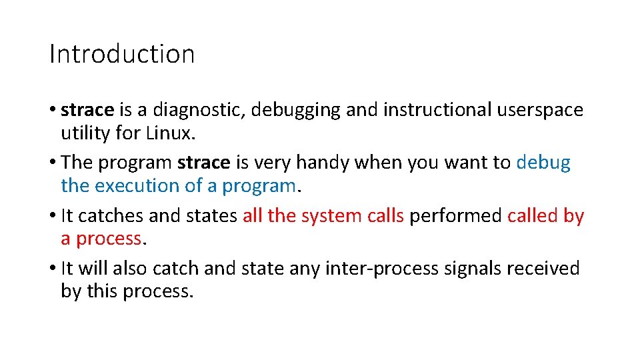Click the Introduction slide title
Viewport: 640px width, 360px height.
122,54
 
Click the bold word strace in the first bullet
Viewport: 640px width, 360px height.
87,109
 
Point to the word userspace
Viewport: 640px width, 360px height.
540,110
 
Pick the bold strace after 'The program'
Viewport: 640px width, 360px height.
204,163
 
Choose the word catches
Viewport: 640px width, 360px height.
113,215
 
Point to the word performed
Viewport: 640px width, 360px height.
455,215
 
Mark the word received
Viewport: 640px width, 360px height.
543,268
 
